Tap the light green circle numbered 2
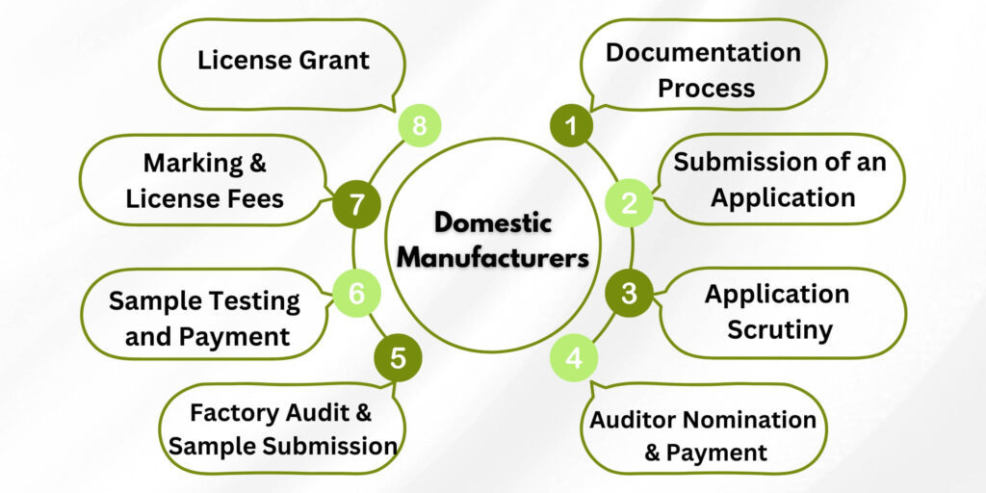pyautogui.click(x=629, y=203)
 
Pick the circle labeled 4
pyautogui.click(x=574, y=359)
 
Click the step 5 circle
pyautogui.click(x=398, y=358)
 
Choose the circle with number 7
pyautogui.click(x=356, y=205)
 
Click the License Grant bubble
pyautogui.click(x=283, y=61)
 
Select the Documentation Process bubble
pyautogui.click(x=703, y=69)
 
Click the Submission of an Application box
pyautogui.click(x=780, y=179)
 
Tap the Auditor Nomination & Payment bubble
pyautogui.click(x=703, y=435)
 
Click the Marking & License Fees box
pyautogui.click(x=204, y=180)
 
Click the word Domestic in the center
pyautogui.click(x=492, y=222)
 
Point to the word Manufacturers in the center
pyautogui.click(x=492, y=258)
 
